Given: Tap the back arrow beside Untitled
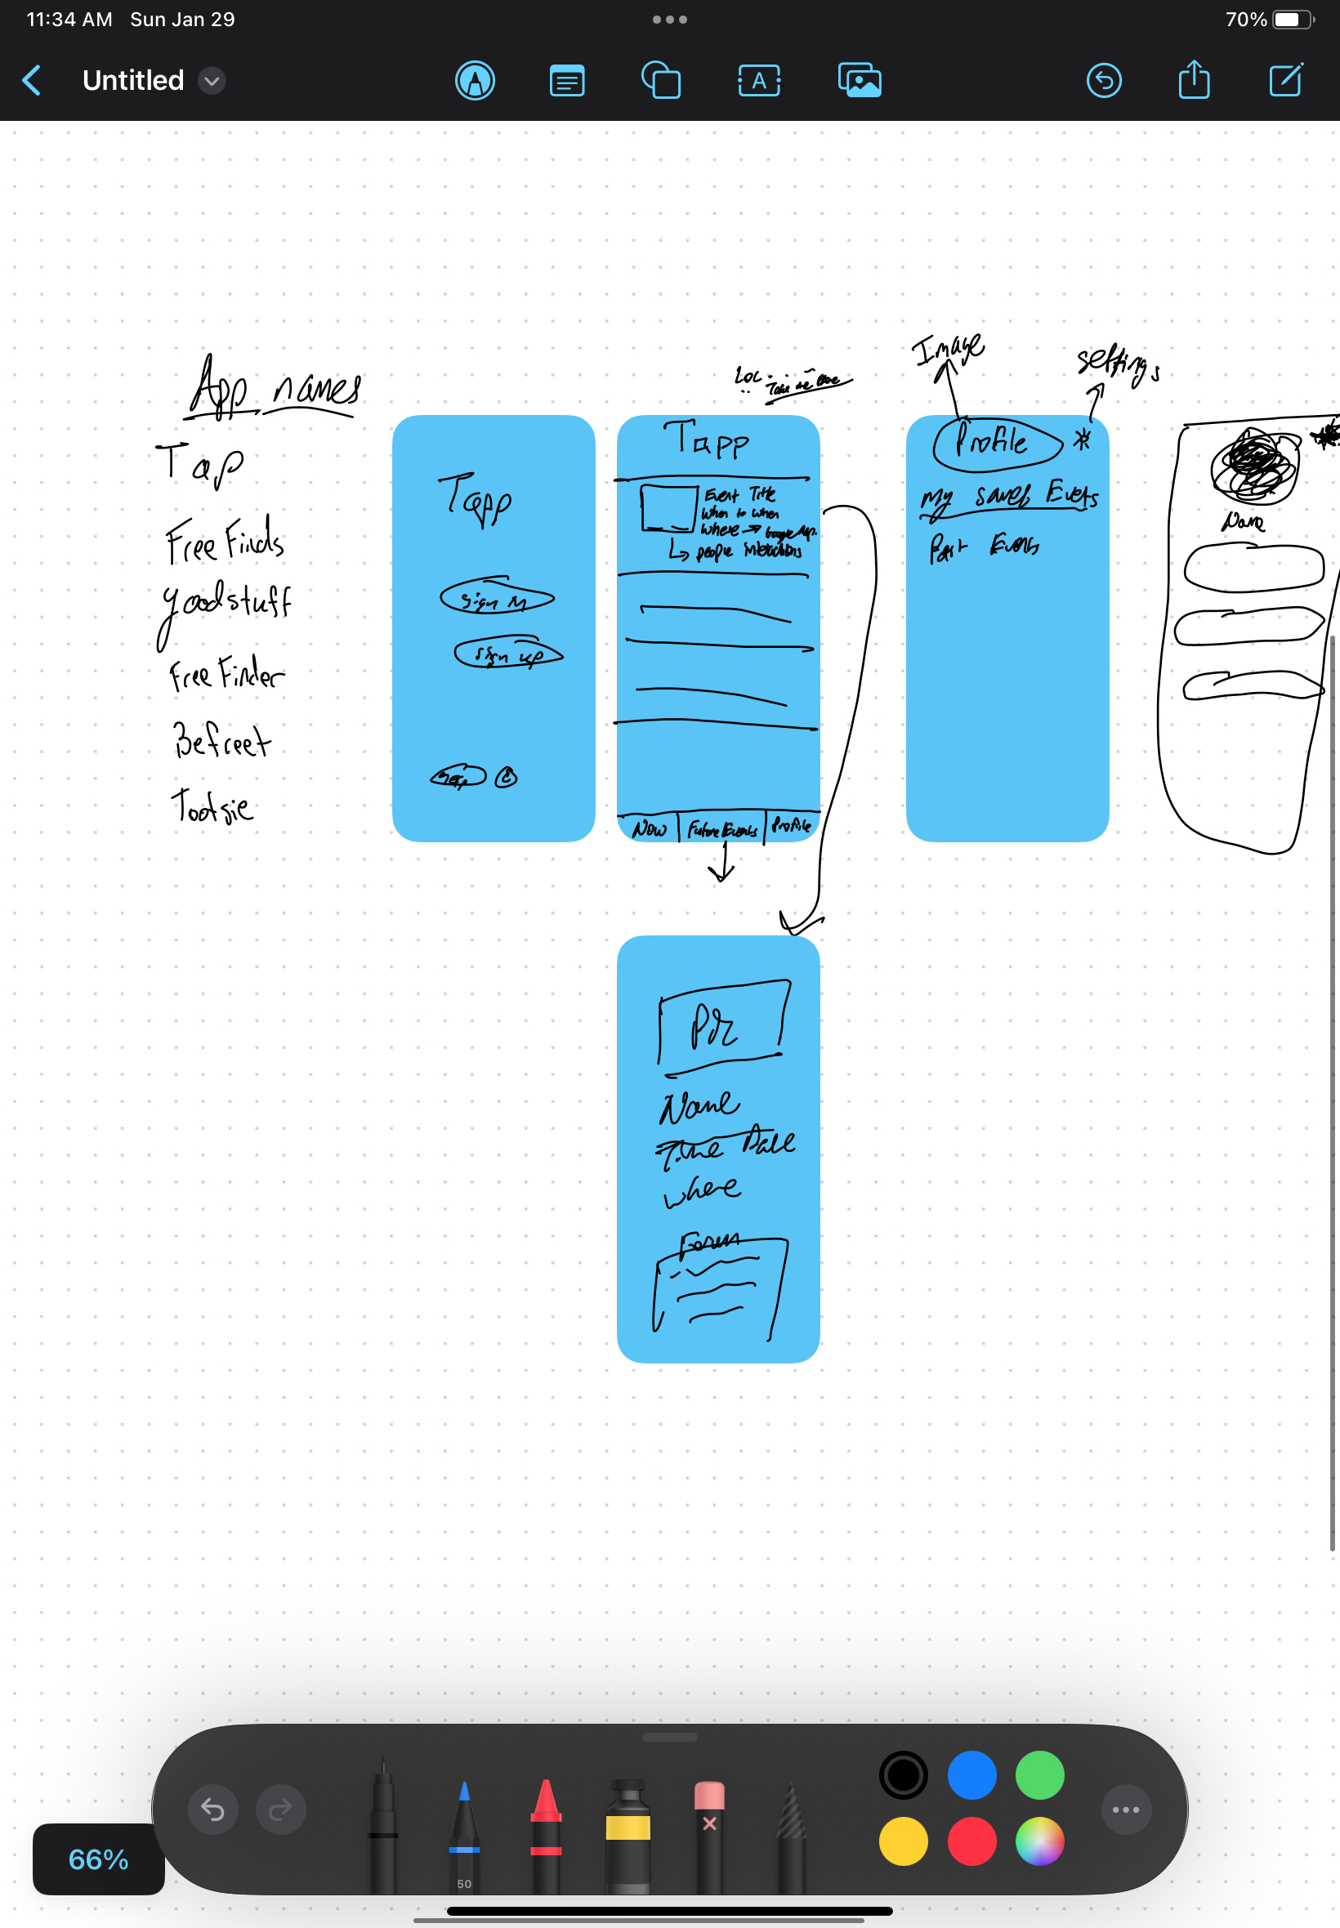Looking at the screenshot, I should [x=32, y=81].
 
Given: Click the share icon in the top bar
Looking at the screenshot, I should [x=1193, y=81].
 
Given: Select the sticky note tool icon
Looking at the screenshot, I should [x=567, y=82].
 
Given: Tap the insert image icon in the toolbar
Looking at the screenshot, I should [x=859, y=81].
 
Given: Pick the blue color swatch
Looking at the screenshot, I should [x=971, y=1774].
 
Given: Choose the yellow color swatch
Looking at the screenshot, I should [x=903, y=1841].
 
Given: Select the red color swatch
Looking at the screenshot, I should [x=971, y=1841].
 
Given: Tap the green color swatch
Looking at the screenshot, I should [x=1039, y=1774].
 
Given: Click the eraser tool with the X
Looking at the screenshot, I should [x=709, y=1834].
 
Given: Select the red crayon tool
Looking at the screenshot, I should [x=546, y=1834].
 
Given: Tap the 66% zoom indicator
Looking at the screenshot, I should [x=98, y=1859].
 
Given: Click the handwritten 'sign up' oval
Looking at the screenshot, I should [x=508, y=654].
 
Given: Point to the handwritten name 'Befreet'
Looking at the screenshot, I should [x=221, y=741].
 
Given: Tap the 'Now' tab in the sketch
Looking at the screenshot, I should [x=649, y=829].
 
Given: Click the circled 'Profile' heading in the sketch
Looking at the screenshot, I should [x=997, y=442].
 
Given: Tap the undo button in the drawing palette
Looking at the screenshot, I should [x=212, y=1810].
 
